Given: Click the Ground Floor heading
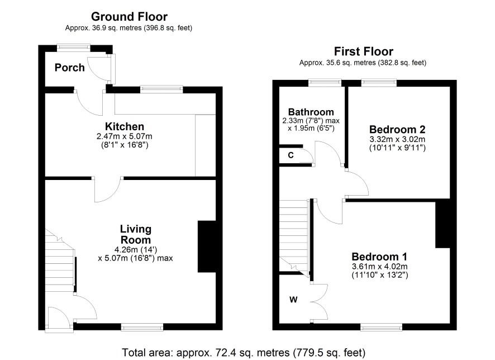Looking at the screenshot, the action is [x=129, y=16].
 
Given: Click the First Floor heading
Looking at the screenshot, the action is [x=363, y=51].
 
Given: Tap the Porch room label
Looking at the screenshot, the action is [x=69, y=68].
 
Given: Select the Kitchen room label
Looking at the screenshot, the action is [x=125, y=126].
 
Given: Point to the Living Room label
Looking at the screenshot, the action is [x=136, y=234].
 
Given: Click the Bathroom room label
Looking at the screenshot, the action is [x=311, y=112].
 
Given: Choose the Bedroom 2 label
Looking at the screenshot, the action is [x=397, y=129].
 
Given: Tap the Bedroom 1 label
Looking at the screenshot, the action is [x=379, y=257].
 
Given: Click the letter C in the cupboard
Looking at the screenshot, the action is [x=291, y=155].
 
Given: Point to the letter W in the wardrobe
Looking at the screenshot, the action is [x=293, y=300].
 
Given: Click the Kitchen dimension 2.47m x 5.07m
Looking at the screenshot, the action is [x=125, y=136].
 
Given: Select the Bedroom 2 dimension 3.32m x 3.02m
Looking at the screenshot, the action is [x=397, y=139].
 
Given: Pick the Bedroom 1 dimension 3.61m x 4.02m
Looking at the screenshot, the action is [x=380, y=266].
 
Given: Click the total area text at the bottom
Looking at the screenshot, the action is [x=244, y=352].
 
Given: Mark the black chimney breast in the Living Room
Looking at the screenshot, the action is [x=207, y=247].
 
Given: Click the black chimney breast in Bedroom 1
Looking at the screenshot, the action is [x=442, y=223].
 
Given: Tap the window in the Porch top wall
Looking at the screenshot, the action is [x=74, y=48].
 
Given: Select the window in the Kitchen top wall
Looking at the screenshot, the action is [x=161, y=89].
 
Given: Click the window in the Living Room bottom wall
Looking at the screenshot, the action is [x=142, y=328].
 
